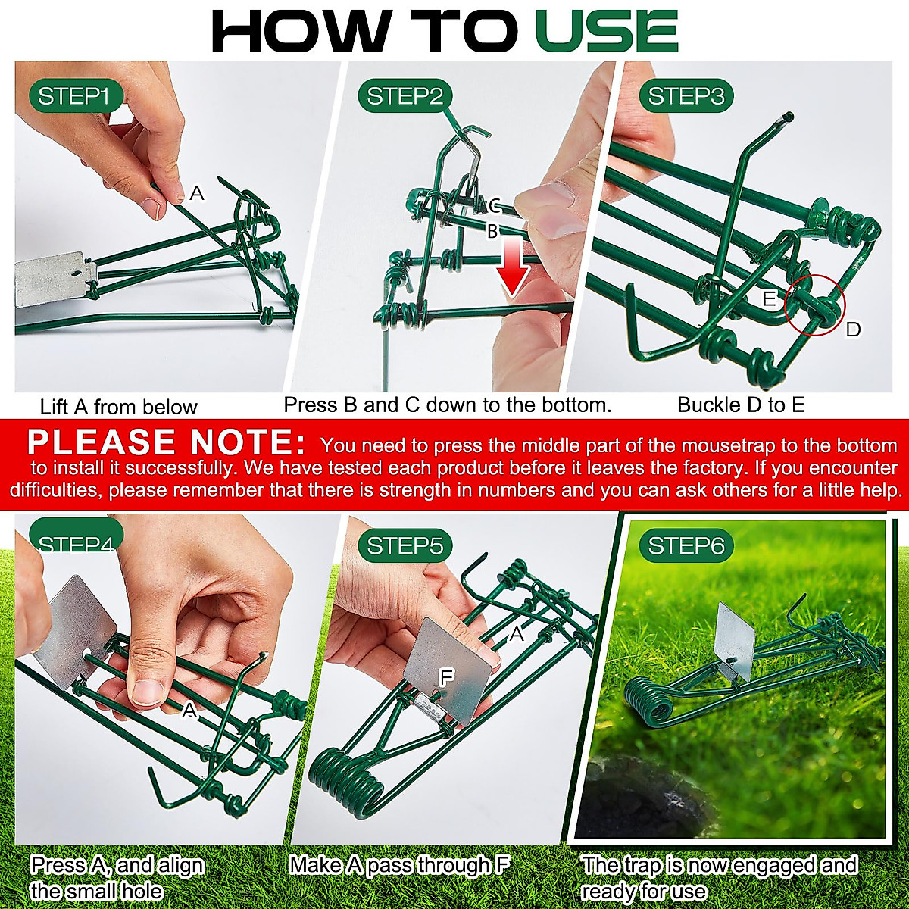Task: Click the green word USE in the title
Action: tap(606, 32)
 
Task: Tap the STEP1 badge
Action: tap(74, 96)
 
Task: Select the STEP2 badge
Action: tap(405, 96)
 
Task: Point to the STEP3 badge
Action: tap(686, 96)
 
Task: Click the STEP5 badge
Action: tap(405, 545)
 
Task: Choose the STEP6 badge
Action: tap(686, 545)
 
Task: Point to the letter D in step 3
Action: tap(853, 330)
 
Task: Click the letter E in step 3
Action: tap(769, 299)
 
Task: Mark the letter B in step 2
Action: tap(492, 232)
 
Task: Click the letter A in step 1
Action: tap(197, 194)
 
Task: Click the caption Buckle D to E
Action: tap(740, 405)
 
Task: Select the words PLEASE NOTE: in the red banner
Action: tap(166, 442)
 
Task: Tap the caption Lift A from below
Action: tap(118, 407)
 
